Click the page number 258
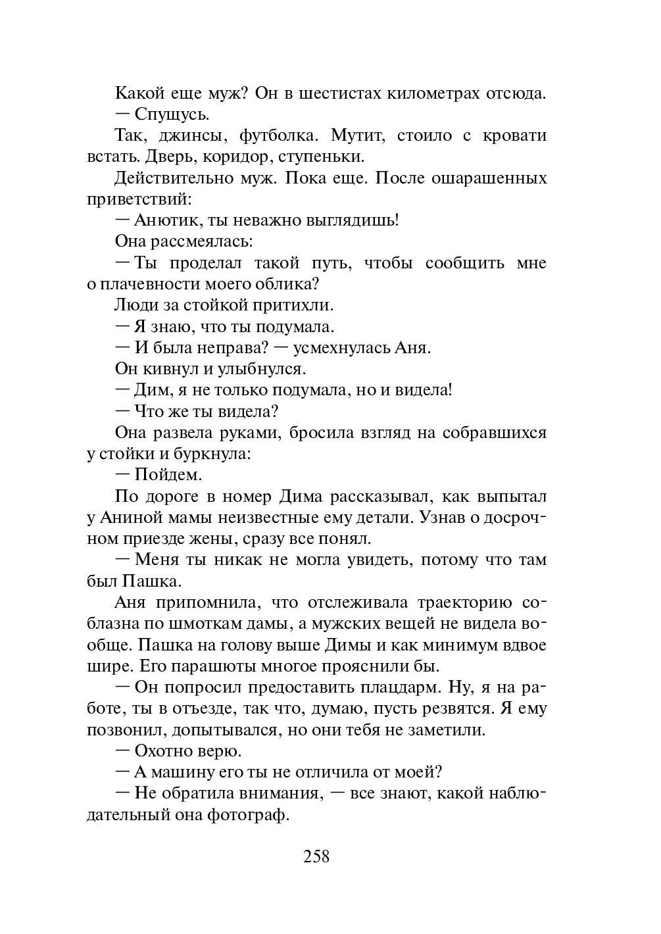click(316, 856)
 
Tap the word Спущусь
click(172, 114)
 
